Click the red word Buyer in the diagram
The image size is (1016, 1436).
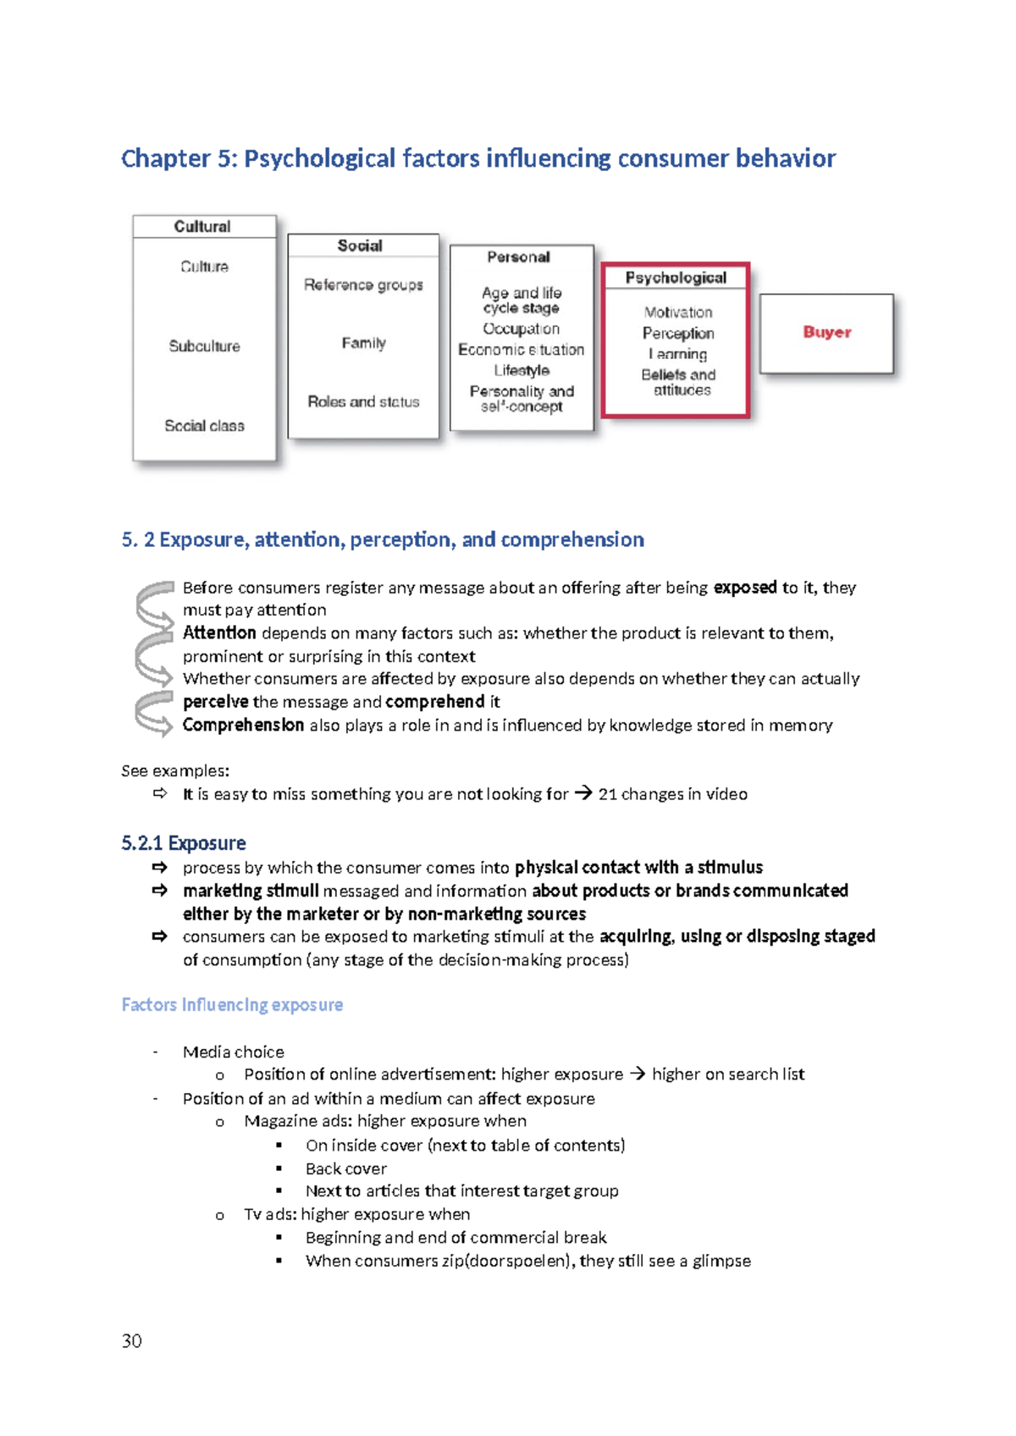coord(826,332)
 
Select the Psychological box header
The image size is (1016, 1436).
coord(676,278)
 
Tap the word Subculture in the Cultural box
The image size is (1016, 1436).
coord(204,346)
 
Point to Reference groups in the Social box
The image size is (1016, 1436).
coord(363,285)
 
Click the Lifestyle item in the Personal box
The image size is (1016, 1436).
coord(522,370)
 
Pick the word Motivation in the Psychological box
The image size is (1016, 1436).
coord(678,312)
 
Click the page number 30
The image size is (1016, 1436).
coord(131,1341)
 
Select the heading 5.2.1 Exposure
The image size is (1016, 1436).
coord(184,843)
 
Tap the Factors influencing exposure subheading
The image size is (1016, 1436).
coord(232,1005)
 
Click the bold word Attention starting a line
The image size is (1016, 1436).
coord(219,633)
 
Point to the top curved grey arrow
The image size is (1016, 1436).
coord(154,604)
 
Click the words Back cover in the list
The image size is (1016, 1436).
coord(345,1169)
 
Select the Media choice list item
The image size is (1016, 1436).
coord(233,1052)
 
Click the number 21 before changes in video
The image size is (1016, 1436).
coord(607,794)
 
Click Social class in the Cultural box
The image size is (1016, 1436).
coord(204,426)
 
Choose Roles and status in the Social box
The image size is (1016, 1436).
coord(363,402)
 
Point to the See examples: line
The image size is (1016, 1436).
coord(175,771)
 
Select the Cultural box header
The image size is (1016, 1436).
coord(202,227)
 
